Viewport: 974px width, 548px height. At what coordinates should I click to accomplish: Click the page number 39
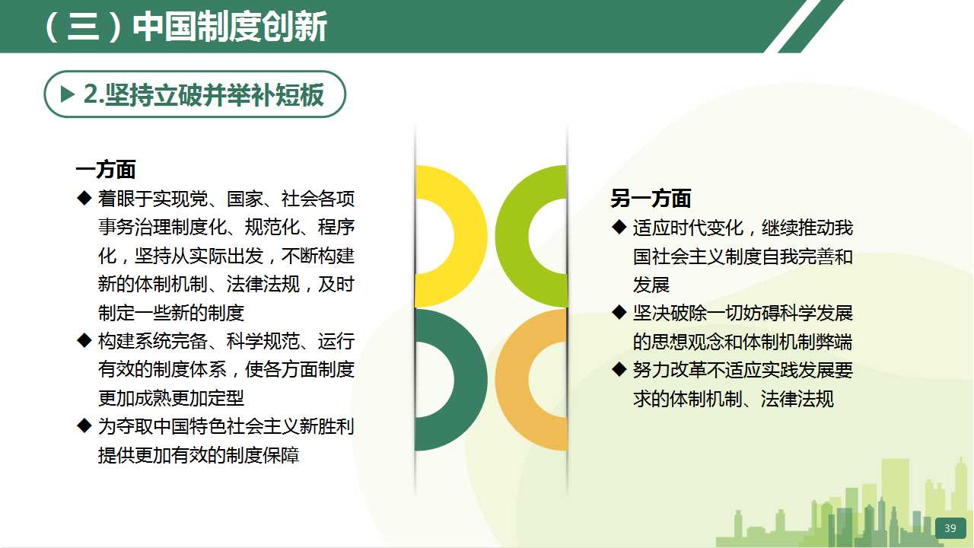950,528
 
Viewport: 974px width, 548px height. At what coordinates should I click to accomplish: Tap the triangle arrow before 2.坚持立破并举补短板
68,94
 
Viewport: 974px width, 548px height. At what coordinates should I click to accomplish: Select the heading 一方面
106,169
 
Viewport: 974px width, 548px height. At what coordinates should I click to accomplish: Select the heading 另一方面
651,199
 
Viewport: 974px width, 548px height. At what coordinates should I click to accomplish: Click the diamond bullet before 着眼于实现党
84,199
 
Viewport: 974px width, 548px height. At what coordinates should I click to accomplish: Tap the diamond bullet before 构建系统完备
84,340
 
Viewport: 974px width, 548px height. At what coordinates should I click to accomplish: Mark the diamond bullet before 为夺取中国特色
84,425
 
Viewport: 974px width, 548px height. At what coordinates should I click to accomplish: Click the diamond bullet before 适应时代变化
619,227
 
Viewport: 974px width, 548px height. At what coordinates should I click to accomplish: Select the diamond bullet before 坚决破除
619,312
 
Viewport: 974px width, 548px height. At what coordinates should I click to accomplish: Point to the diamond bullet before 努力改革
619,370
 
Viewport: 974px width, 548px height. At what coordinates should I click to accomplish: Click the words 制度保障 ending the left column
263,455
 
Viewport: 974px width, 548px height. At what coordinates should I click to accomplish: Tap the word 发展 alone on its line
651,285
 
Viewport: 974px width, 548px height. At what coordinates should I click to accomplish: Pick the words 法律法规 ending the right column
797,398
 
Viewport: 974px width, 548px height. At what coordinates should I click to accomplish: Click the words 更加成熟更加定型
171,397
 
